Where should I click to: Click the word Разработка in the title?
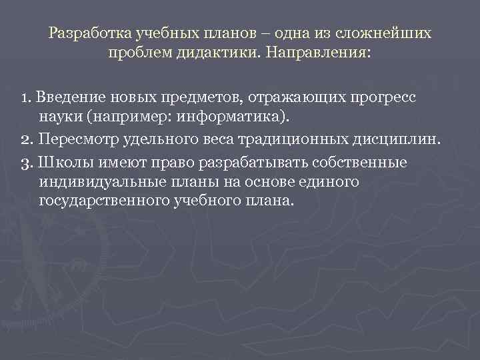[x=91, y=33]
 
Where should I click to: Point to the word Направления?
[x=316, y=51]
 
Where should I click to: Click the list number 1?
[x=25, y=98]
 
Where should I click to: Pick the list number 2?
[x=26, y=140]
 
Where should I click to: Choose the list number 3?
[x=26, y=162]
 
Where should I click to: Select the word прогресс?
[x=381, y=98]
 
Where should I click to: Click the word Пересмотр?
[x=73, y=140]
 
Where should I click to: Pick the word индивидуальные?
[x=93, y=181]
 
